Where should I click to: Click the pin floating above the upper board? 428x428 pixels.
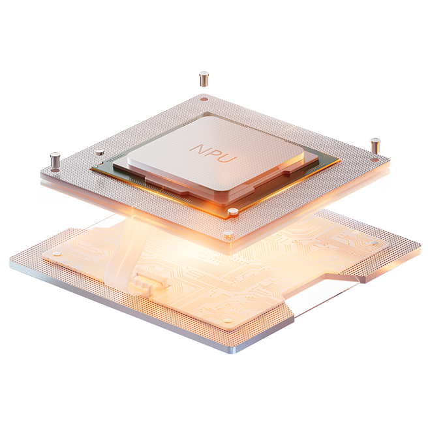point(204,79)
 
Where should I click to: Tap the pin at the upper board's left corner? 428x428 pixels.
point(55,160)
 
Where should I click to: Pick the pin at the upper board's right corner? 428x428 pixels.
point(375,146)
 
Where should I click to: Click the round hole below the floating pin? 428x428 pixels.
point(204,99)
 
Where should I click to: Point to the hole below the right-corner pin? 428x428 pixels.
point(375,160)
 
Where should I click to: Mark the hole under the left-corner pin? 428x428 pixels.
point(55,170)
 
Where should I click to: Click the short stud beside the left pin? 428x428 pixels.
point(99,152)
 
